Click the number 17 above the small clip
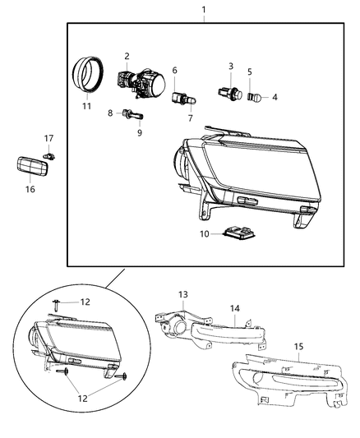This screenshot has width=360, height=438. [49, 138]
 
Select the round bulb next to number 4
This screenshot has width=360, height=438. [255, 97]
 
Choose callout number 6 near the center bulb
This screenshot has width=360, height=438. [174, 71]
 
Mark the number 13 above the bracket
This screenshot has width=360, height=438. [183, 293]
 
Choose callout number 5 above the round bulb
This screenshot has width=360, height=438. [250, 71]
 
